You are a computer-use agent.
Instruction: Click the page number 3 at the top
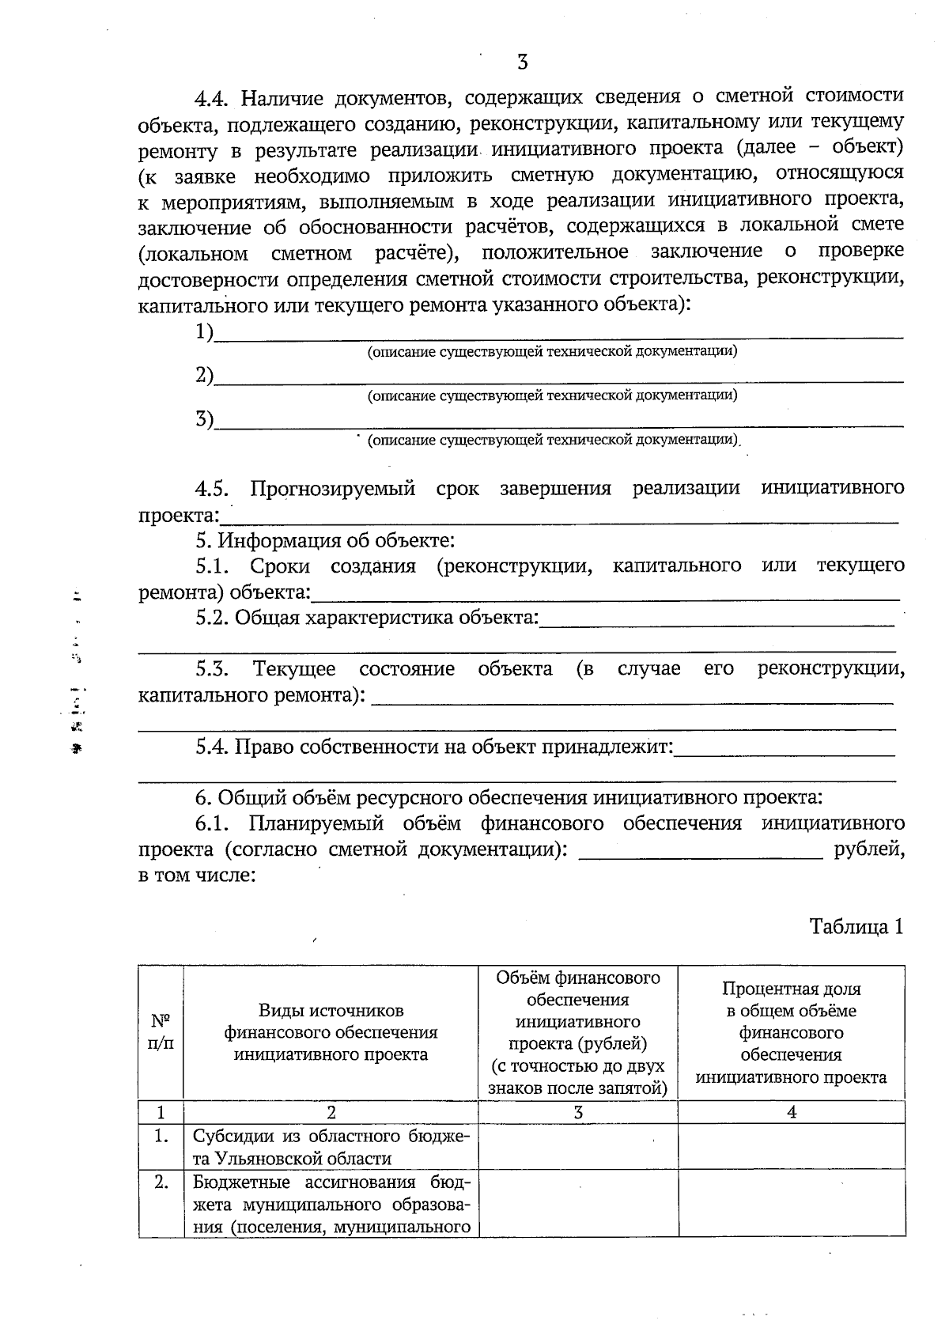(x=522, y=62)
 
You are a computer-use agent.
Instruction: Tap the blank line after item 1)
(x=558, y=335)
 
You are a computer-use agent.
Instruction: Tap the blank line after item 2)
(x=558, y=378)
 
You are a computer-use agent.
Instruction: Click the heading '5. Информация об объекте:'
(x=325, y=541)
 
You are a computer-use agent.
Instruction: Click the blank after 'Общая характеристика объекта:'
(x=716, y=620)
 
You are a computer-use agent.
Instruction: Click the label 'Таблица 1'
(x=856, y=926)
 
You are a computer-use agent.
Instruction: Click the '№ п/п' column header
(x=161, y=1031)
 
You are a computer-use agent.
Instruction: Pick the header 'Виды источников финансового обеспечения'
(x=331, y=1032)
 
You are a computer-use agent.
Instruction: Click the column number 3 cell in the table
(x=578, y=1112)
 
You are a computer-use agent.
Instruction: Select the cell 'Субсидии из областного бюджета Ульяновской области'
(x=331, y=1147)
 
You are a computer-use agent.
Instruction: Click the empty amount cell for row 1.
(x=578, y=1147)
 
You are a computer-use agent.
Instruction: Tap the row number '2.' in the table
(x=161, y=1183)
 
